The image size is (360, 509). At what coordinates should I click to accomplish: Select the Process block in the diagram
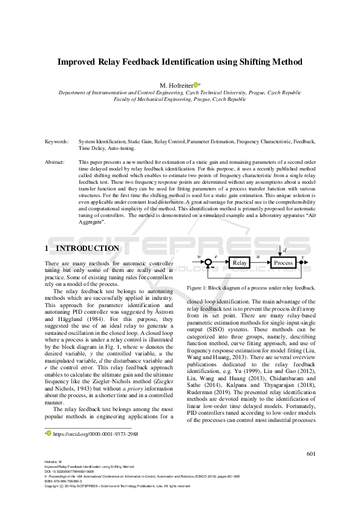coord(283,262)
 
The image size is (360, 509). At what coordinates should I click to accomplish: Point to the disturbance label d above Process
coord(285,249)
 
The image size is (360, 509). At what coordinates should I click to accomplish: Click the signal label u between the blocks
coord(258,258)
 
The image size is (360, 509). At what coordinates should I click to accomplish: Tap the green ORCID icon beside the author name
coord(196,85)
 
